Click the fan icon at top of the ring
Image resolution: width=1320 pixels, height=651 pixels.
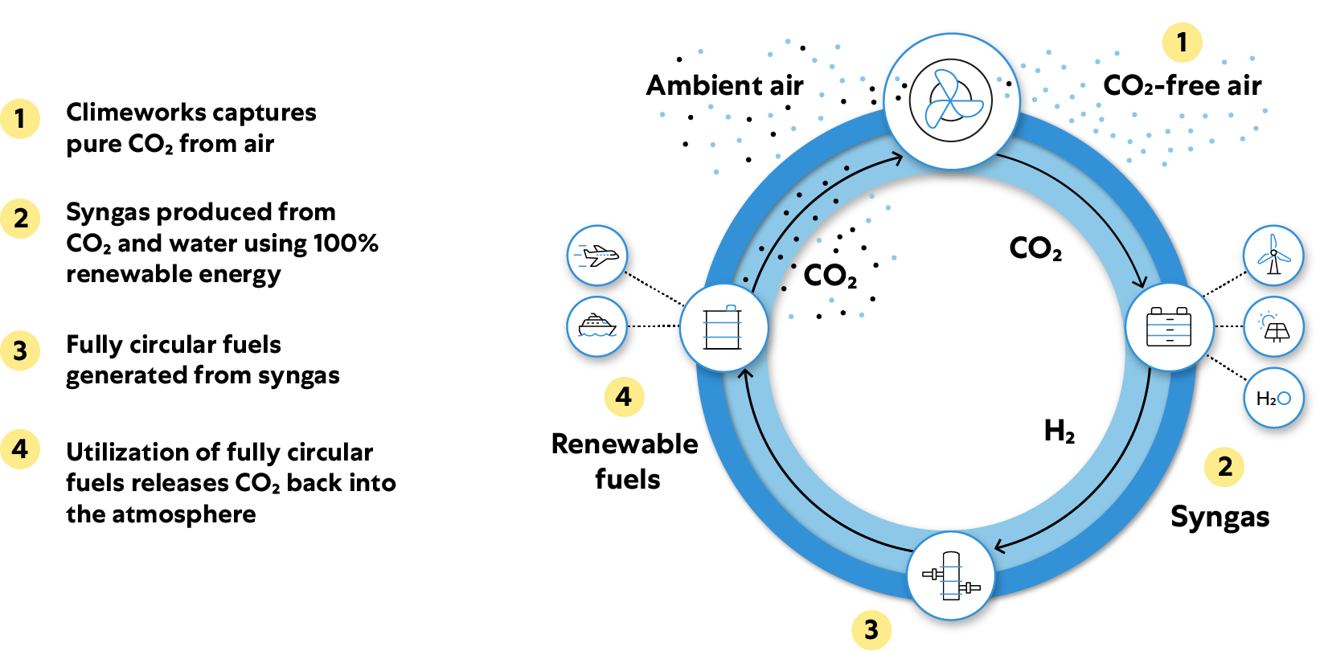[x=951, y=101]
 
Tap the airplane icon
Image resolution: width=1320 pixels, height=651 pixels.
[x=596, y=256]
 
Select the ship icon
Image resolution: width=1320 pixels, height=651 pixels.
[x=596, y=326]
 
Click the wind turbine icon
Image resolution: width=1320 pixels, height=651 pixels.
[x=1273, y=256]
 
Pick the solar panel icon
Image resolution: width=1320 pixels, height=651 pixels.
[x=1273, y=327]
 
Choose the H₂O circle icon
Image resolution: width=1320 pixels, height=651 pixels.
[x=1273, y=398]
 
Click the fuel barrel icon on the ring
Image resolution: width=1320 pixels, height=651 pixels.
[x=724, y=327]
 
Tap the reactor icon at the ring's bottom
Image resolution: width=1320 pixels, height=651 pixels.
[x=951, y=575]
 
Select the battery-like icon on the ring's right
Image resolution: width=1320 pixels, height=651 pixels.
[x=1169, y=327]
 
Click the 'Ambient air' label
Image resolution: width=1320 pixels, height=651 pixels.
[x=724, y=85]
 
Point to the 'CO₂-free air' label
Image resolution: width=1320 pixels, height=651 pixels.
[x=1182, y=85]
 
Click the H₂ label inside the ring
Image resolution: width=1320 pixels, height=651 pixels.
[x=1059, y=432]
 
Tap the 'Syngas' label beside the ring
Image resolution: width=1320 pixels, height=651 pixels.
[x=1220, y=517]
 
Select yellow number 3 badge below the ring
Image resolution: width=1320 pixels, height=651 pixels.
[x=871, y=629]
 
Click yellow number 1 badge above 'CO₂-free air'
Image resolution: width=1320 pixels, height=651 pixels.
[x=1182, y=42]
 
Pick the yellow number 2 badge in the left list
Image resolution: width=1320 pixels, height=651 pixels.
[x=21, y=219]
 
